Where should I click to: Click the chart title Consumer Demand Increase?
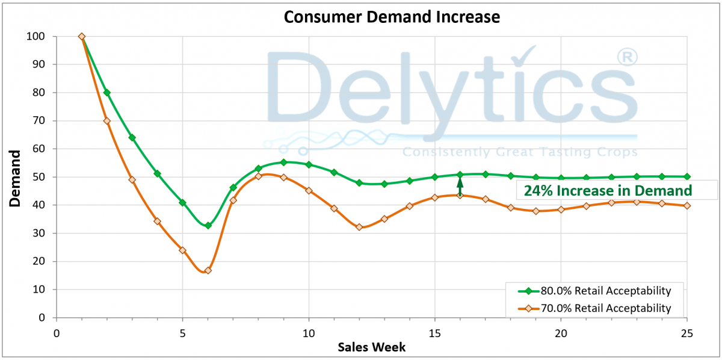pos(392,17)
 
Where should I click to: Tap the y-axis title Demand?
pos(15,178)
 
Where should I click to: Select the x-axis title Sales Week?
pos(371,347)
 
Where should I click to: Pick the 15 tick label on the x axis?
pos(434,333)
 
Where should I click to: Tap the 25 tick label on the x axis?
pos(686,333)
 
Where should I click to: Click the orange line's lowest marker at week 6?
pos(208,270)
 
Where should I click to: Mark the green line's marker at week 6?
pos(208,225)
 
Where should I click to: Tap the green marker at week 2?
pos(107,93)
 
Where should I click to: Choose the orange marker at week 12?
pos(359,227)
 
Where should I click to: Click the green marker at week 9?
pos(283,163)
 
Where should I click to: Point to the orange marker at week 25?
pos(687,205)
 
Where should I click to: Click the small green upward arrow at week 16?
pos(460,185)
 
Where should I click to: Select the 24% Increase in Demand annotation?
pos(608,191)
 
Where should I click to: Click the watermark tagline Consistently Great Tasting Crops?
pos(520,152)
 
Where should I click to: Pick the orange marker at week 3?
pos(132,180)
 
